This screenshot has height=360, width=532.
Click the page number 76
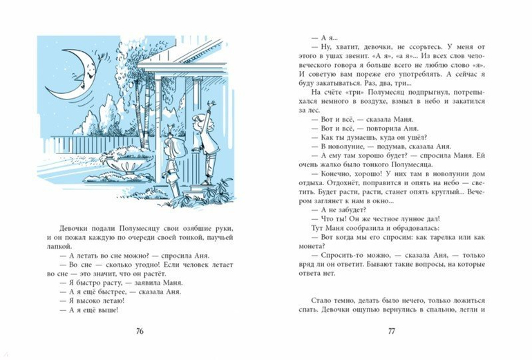[139, 332]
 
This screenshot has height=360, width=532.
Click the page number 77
[392, 332]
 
